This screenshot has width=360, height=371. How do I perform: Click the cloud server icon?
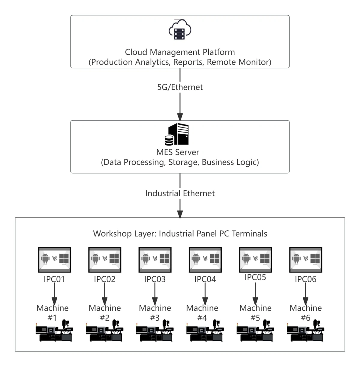(x=180, y=30)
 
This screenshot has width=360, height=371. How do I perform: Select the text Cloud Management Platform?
(x=180, y=52)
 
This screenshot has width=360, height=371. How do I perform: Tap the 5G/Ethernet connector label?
(x=180, y=87)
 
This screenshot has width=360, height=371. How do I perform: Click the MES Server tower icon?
(x=177, y=134)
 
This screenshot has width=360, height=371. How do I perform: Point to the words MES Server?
(x=178, y=152)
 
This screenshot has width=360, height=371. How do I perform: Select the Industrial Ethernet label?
(x=180, y=193)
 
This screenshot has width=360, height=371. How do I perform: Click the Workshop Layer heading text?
(x=180, y=234)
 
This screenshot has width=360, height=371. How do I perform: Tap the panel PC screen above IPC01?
(x=55, y=259)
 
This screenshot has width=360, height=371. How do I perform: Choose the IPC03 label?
(x=155, y=279)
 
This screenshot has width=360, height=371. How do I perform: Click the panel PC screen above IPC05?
(x=255, y=259)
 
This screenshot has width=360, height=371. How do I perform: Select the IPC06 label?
(x=305, y=279)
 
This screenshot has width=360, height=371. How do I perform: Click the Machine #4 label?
(x=202, y=313)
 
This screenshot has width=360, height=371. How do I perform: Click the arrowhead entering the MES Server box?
(x=180, y=117)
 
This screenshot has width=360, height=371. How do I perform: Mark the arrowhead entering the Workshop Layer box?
(x=180, y=214)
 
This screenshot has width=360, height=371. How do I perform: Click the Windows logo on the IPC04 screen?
(x=215, y=259)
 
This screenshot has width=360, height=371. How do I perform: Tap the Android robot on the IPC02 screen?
(x=95, y=259)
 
